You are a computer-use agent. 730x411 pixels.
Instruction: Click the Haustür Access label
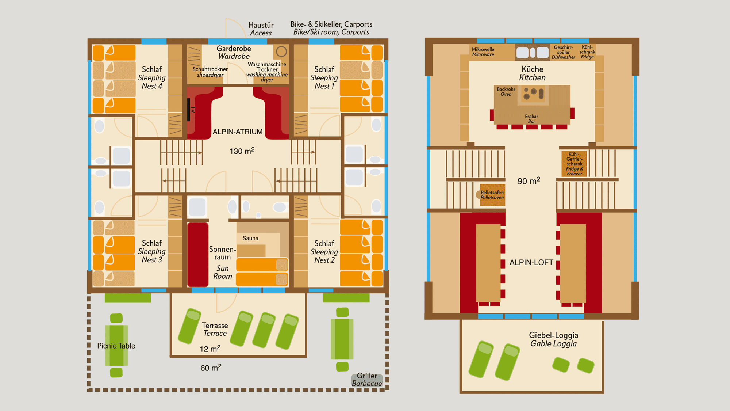[x=261, y=29]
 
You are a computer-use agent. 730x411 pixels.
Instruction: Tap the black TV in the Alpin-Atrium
[x=189, y=110]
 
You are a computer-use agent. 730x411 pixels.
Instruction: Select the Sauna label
[x=250, y=238]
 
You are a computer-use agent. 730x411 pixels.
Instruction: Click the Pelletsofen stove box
[x=492, y=195]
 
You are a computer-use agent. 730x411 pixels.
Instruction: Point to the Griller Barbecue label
[x=367, y=380]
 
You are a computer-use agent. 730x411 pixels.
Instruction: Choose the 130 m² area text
[x=242, y=151]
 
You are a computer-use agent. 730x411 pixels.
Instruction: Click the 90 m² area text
[x=529, y=181]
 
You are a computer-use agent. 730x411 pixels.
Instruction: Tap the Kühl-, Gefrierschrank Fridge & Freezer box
[x=574, y=164]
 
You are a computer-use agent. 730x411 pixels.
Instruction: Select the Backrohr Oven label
[x=506, y=91]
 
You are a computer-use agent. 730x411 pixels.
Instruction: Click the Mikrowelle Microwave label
[x=483, y=52]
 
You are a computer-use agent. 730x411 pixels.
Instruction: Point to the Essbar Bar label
[x=531, y=119]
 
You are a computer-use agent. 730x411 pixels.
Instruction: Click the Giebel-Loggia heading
[x=553, y=335]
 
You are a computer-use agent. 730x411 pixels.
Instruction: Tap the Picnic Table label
[x=116, y=346]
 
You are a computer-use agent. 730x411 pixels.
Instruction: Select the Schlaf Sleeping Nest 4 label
[x=152, y=77]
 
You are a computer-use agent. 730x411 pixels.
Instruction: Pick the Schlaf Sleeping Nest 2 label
[x=324, y=251]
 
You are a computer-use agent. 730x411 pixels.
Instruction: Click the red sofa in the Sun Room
[x=198, y=255]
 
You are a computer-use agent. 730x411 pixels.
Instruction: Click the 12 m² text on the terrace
[x=210, y=349]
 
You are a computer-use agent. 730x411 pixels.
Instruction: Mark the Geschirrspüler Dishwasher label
[x=563, y=52]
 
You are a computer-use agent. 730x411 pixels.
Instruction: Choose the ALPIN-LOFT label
[x=531, y=262]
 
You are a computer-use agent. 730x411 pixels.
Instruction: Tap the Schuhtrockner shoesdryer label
[x=210, y=72]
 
